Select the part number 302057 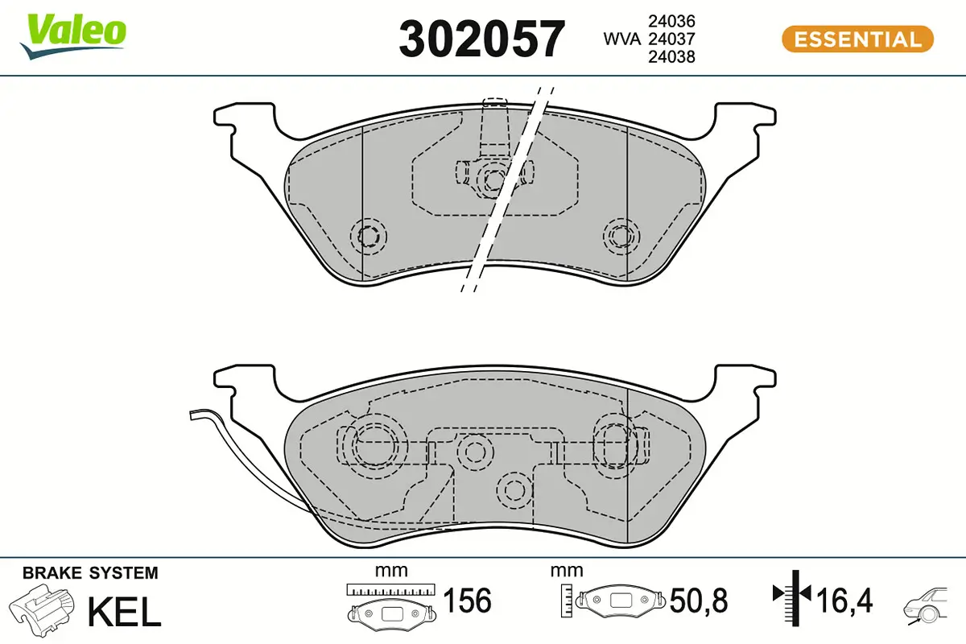point(481,39)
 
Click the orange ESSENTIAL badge point(857,39)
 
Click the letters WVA point(621,39)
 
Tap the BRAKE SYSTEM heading point(90,573)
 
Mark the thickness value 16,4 point(844,601)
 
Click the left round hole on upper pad point(369,237)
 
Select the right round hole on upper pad point(620,236)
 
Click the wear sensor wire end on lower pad point(193,415)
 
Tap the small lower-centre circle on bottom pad point(510,489)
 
